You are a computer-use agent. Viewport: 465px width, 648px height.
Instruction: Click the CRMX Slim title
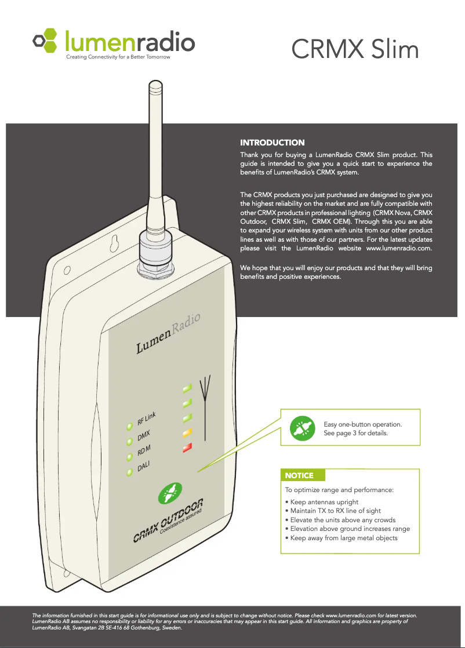coord(355,50)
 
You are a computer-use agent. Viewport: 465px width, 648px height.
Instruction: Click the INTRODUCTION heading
coord(272,142)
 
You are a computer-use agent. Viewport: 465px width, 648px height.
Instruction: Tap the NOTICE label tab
coord(299,475)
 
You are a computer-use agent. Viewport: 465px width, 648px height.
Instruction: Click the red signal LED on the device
coord(187,447)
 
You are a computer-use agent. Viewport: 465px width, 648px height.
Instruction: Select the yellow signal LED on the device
coord(187,432)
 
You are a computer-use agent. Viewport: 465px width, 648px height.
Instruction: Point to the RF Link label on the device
coord(147,416)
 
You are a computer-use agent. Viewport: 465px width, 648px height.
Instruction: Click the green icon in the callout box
coord(302,428)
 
